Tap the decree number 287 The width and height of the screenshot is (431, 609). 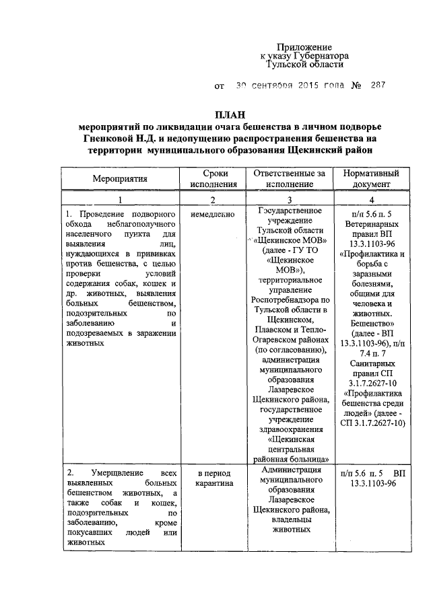378,86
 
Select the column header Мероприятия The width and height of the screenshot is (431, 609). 121,178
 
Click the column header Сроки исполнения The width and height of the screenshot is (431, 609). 213,178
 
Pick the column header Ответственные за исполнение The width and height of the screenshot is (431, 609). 290,178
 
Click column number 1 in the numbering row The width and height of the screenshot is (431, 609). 121,200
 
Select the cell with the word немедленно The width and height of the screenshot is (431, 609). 213,215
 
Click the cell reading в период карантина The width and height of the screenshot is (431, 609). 213,477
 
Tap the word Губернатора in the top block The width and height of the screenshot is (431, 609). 323,57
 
